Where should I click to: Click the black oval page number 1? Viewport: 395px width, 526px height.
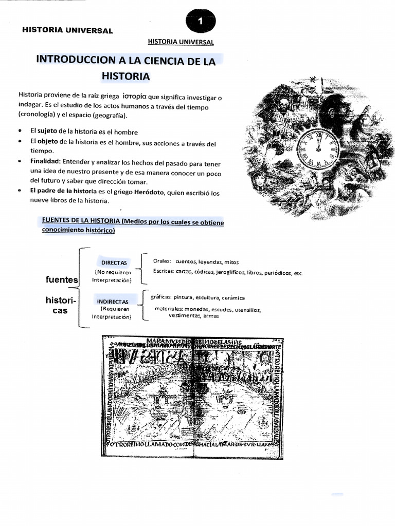pos(201,22)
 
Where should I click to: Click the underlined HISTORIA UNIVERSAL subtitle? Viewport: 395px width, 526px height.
pos(180,42)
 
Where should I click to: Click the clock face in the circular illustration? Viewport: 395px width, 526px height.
pos(318,148)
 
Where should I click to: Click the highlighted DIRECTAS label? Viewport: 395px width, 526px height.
pos(114,262)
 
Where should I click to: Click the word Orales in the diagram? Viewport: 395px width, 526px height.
pos(161,261)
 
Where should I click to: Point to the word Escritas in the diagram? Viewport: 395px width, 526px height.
pos(163,271)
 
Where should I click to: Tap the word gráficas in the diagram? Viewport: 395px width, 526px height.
pos(160,298)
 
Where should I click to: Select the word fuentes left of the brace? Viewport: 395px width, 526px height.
pos(62,280)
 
